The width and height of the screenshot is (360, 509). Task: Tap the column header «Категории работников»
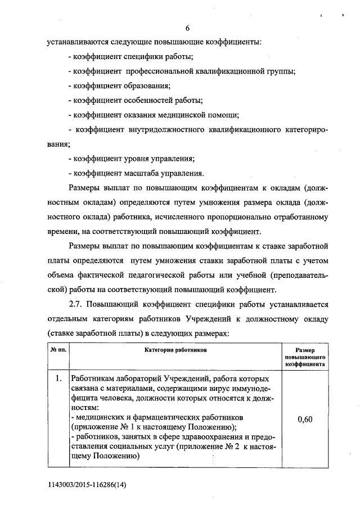tap(175, 349)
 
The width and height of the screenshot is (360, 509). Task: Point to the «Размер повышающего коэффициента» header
tap(303, 357)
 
